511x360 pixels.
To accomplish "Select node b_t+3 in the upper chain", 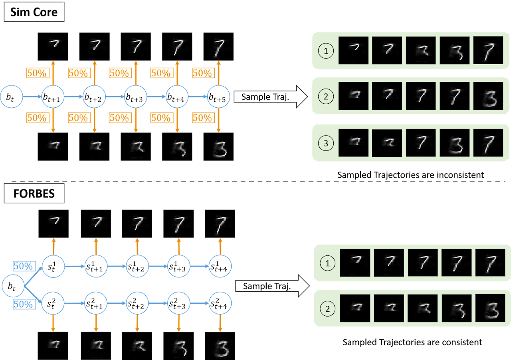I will [136, 96].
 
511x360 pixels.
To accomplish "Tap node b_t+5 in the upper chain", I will [219, 96].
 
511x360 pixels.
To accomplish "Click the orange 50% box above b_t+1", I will [38, 73].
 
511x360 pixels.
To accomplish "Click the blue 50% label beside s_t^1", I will [24, 266].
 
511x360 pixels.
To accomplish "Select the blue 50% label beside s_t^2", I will [24, 304].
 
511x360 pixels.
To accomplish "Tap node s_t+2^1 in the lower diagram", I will [137, 266].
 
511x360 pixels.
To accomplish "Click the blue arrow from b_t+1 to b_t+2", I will [73, 97].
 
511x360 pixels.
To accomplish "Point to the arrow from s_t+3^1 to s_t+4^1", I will [199, 266].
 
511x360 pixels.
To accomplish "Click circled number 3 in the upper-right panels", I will [326, 144].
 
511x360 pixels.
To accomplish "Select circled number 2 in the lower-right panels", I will [328, 309].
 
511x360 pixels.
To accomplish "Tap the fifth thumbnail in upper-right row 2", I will [488, 96].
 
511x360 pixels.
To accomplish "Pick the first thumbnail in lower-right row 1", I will [355, 263].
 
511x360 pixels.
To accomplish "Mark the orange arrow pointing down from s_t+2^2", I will [137, 323].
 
